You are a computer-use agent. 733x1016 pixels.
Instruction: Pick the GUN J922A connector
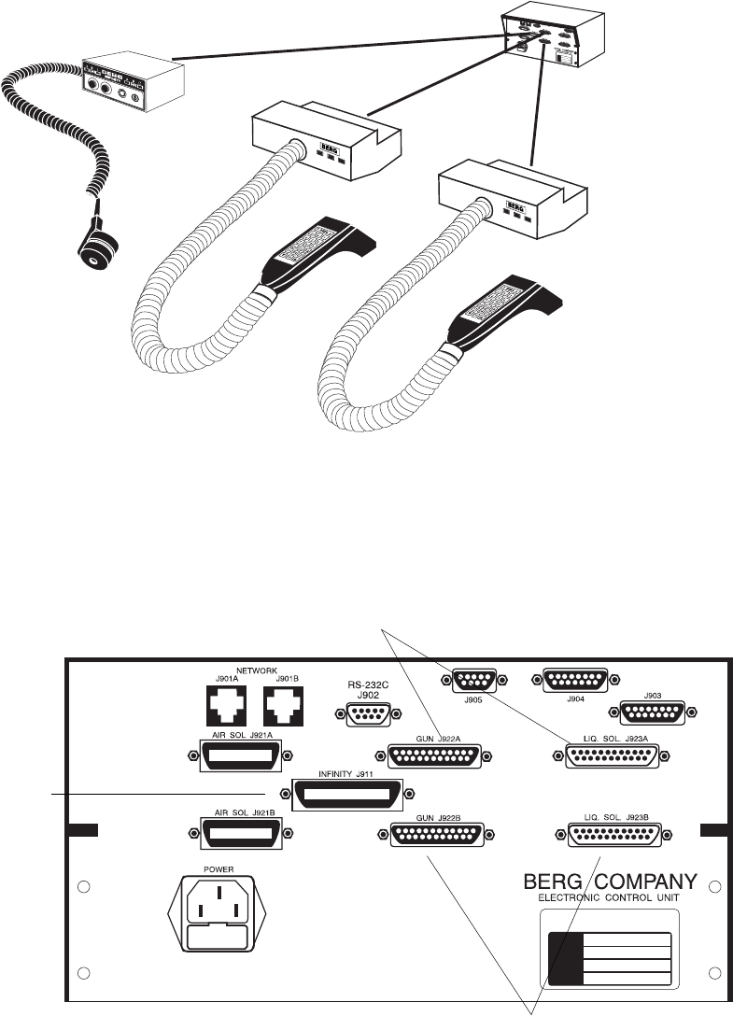pyautogui.click(x=430, y=756)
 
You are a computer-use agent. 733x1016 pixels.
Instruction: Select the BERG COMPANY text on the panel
pyautogui.click(x=608, y=882)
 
